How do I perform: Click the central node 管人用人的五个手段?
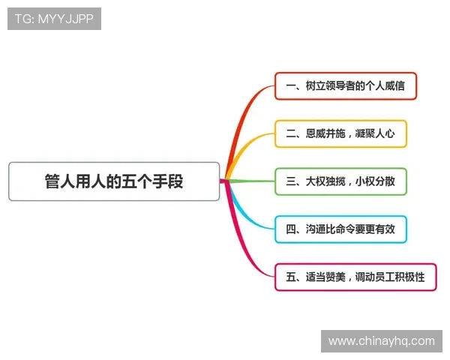(114, 181)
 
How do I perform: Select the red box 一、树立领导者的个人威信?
(345, 86)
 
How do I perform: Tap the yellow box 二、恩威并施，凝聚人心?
(340, 134)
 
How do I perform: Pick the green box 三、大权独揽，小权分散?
(340, 181)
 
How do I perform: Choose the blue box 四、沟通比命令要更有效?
(340, 229)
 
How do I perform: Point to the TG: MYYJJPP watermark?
(54, 19)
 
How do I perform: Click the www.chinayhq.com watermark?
(381, 341)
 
